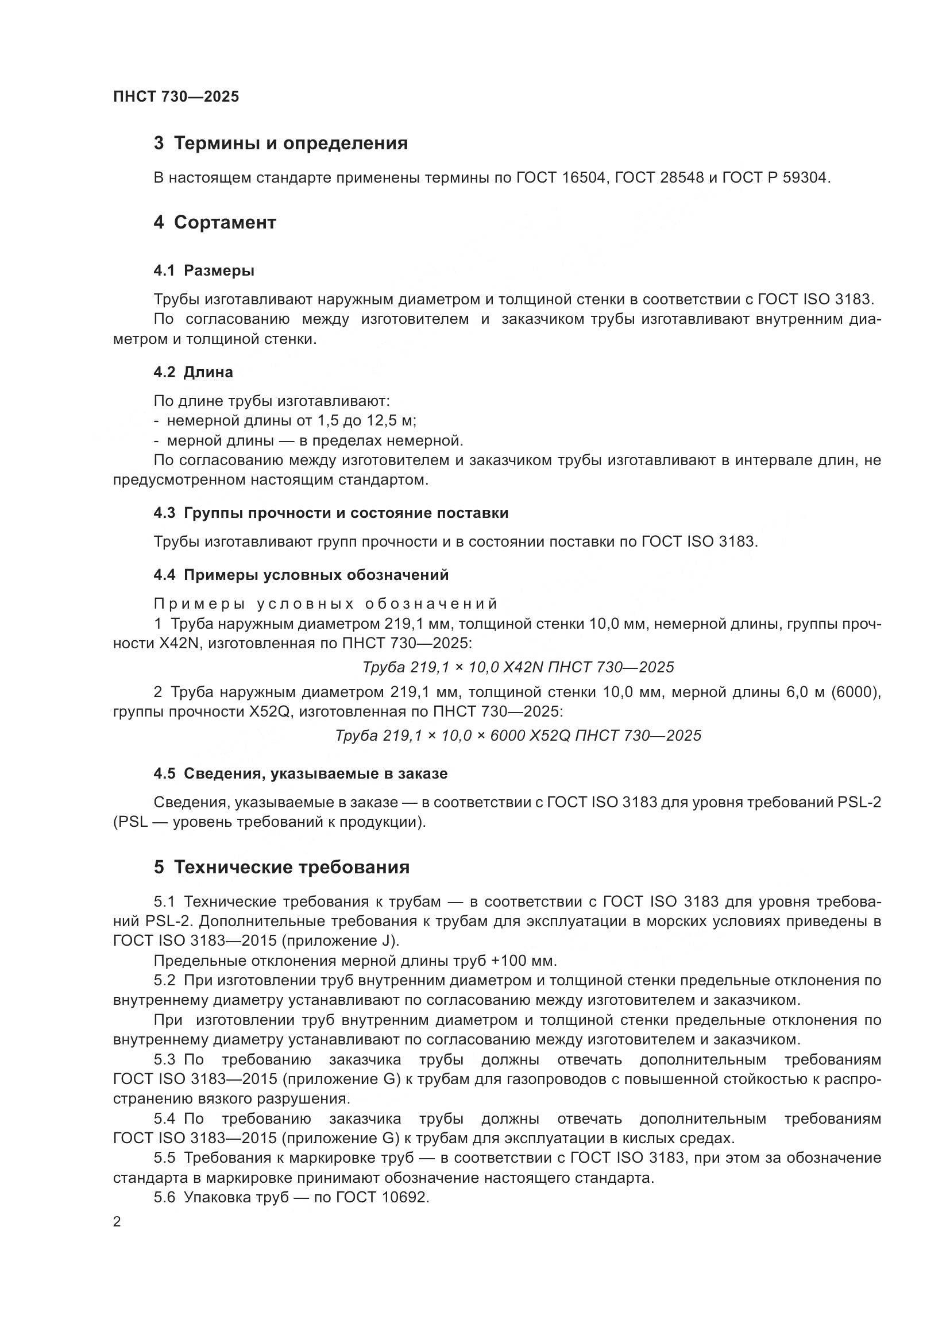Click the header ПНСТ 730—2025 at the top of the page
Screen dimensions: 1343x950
pos(176,97)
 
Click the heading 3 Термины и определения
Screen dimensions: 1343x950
pos(281,144)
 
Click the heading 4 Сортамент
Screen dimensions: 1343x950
pos(215,223)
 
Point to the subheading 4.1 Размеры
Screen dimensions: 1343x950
pos(203,271)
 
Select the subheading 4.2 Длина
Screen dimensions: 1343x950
pos(193,373)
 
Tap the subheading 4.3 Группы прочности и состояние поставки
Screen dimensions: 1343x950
pos(331,513)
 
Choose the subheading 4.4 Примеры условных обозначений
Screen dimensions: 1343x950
pos(302,575)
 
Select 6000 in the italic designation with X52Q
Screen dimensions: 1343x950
pos(507,736)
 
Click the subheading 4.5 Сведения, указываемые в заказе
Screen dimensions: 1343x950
pos(300,774)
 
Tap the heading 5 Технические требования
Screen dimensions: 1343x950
pos(281,868)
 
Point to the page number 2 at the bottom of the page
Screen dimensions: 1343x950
pos(117,1222)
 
